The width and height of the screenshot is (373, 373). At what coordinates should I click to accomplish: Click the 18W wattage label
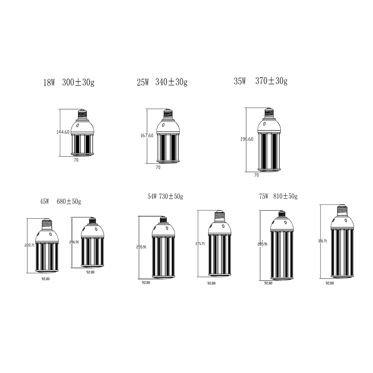point(49,83)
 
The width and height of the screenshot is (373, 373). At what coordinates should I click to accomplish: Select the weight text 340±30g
point(171,82)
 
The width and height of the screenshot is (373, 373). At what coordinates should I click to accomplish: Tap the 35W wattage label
point(240,81)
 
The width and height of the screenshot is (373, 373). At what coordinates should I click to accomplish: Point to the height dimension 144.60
point(63,132)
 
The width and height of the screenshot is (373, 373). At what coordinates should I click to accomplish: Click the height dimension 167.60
point(147,136)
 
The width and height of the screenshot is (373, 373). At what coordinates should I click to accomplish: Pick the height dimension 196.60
point(247,139)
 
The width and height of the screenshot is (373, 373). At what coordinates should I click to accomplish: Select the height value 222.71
point(30,245)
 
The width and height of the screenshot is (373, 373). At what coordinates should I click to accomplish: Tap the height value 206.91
point(74,242)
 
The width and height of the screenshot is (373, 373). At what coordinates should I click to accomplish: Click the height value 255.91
point(141,247)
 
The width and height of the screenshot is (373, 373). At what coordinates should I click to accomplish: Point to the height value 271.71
point(200,244)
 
